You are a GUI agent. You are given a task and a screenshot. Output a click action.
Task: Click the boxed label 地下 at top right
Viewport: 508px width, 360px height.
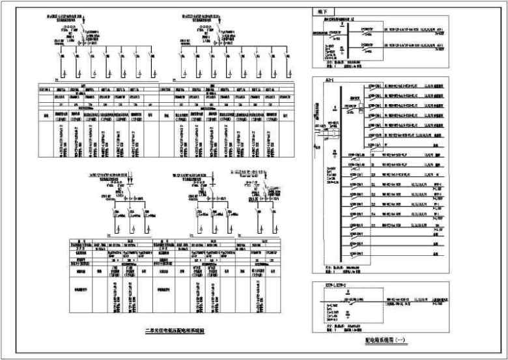(x=322, y=11)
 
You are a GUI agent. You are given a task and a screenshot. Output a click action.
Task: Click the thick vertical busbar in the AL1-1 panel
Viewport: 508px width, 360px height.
(x=341, y=176)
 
